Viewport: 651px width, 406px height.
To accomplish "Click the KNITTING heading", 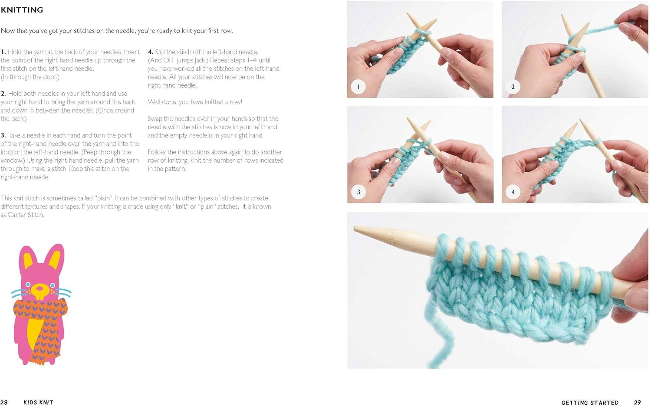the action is pos(22,10).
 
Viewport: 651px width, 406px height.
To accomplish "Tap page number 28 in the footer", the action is pos(4,403).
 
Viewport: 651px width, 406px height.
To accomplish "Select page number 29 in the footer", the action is pos(637,403).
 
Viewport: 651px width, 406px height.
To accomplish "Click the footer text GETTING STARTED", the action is pos(590,403).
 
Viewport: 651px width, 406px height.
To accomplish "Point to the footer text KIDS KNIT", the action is pos(38,403).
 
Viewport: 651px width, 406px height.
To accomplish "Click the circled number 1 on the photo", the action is pos(358,87).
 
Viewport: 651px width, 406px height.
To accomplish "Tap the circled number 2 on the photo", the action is pos(513,87).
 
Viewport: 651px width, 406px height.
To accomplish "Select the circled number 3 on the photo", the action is pos(358,192).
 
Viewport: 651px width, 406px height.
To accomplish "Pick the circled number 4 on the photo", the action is pos(513,192).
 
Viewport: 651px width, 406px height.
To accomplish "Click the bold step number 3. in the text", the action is pos(3,135).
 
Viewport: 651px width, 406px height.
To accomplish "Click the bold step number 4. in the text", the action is pos(151,52).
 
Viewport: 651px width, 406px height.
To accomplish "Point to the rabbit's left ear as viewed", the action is pos(27,258).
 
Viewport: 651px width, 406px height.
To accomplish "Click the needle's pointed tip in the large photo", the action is pos(357,228).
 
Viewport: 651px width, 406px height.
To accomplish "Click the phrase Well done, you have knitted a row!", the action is pos(195,102).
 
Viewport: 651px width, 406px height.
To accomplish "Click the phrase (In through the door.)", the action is pos(30,77).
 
